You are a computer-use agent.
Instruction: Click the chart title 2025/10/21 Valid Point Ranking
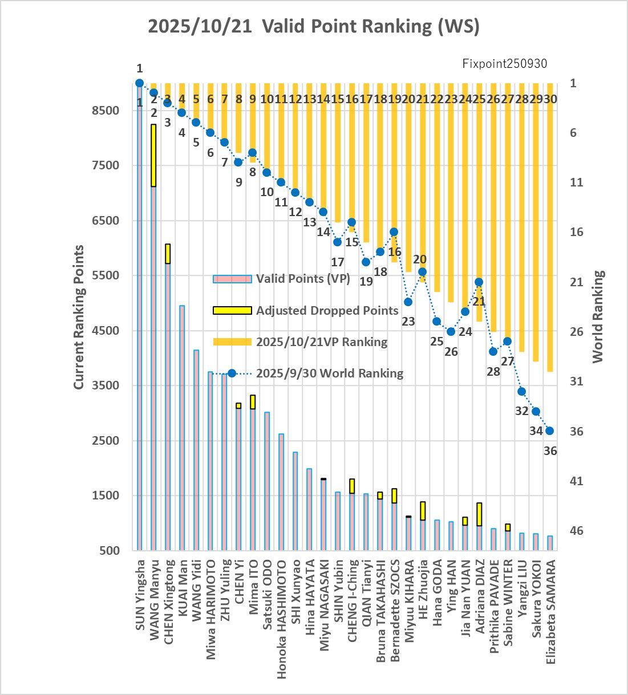[314, 26]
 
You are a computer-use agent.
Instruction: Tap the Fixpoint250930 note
[504, 63]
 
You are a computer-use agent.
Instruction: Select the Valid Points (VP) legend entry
[302, 279]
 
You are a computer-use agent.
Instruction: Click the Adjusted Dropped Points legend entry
[327, 311]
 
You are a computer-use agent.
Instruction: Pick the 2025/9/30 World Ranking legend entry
[329, 373]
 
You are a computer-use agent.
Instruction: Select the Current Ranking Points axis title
[79, 317]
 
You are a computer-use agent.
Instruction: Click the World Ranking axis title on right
[598, 317]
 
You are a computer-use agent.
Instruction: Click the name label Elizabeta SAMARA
[551, 611]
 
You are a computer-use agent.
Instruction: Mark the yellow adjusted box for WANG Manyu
[153, 155]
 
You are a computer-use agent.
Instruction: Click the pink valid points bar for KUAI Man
[182, 428]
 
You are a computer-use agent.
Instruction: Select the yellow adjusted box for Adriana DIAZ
[479, 514]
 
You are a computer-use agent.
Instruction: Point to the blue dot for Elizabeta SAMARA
[550, 431]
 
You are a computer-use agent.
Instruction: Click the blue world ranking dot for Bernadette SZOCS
[394, 232]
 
